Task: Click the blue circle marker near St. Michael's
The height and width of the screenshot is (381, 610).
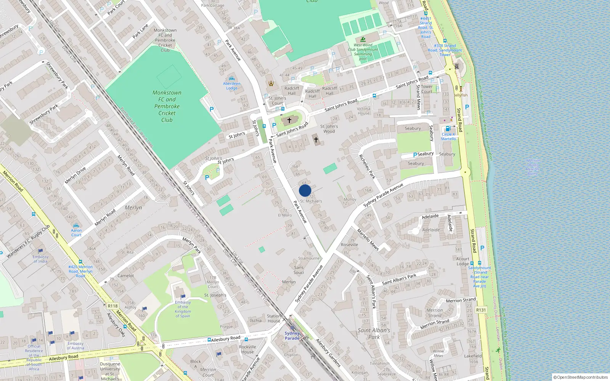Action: tap(305, 190)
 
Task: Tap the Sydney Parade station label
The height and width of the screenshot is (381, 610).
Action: tap(292, 336)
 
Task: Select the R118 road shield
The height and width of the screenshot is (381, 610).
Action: tap(113, 306)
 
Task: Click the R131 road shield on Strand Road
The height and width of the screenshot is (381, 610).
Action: tap(481, 310)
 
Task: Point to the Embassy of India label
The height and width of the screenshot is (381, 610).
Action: tap(40, 259)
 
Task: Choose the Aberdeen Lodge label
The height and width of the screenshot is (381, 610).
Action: tap(232, 86)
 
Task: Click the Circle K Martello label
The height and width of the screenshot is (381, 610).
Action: tap(448, 136)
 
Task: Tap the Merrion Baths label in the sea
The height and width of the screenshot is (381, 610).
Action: tap(533, 167)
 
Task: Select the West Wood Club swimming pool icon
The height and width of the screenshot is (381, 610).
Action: tap(363, 39)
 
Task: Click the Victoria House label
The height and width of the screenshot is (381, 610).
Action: tap(363, 111)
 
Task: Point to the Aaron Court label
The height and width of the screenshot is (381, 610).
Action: tap(76, 232)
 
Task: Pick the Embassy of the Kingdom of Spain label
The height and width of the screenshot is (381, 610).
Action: tap(183, 309)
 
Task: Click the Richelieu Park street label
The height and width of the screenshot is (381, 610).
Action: tap(367, 166)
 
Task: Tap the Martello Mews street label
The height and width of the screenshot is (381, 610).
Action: tap(368, 239)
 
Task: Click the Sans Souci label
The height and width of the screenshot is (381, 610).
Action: tap(299, 270)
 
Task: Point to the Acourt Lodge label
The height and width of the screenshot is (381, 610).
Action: tap(463, 261)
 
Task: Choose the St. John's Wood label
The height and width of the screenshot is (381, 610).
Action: tap(329, 129)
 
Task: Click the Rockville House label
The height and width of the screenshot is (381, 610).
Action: tap(247, 349)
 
